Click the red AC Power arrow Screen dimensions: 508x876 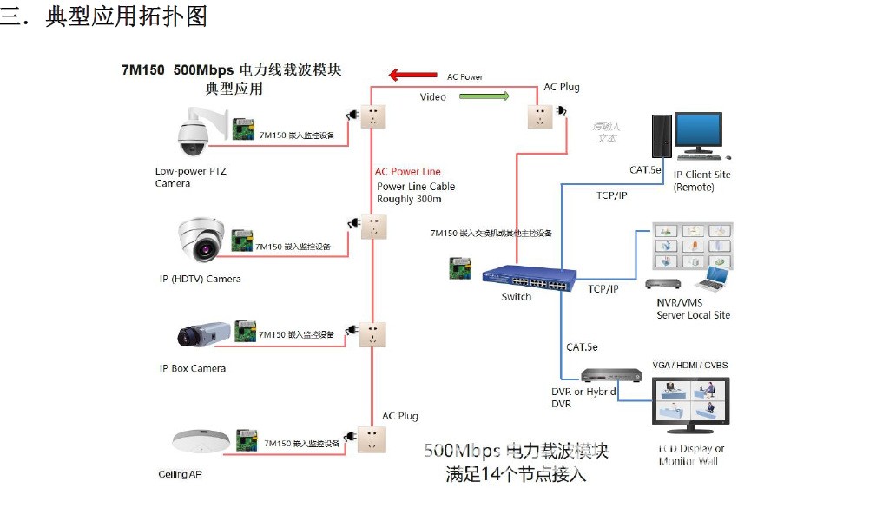[x=412, y=76]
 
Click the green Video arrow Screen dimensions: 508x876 [x=485, y=96]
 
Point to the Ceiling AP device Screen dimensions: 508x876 [x=201, y=441]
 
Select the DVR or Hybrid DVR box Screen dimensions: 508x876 [x=611, y=375]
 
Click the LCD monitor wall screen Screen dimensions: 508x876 [x=690, y=403]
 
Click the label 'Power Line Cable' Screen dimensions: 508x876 [x=416, y=187]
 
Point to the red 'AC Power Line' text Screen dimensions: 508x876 [x=408, y=172]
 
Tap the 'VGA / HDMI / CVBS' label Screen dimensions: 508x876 [x=690, y=366]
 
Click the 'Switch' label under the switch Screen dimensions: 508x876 [x=517, y=297]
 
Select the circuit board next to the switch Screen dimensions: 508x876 [x=459, y=268]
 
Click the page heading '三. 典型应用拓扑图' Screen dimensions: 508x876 [x=104, y=16]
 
